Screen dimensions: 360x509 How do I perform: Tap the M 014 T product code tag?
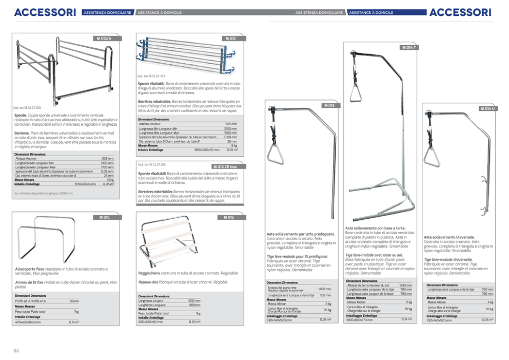point(408,48)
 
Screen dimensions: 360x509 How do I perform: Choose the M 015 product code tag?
point(103,217)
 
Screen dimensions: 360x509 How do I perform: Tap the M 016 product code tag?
point(229,217)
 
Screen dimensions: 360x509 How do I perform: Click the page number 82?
point(17,351)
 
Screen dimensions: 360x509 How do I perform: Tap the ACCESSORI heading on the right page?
point(460,12)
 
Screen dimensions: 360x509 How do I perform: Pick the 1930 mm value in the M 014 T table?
point(405,285)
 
